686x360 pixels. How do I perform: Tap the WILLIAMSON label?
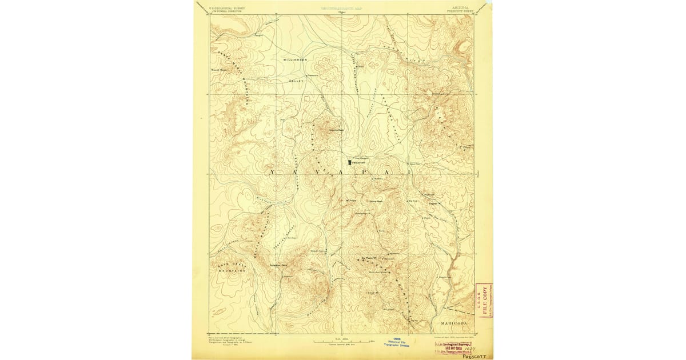click(295, 59)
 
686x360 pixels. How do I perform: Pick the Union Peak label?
click(375, 201)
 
